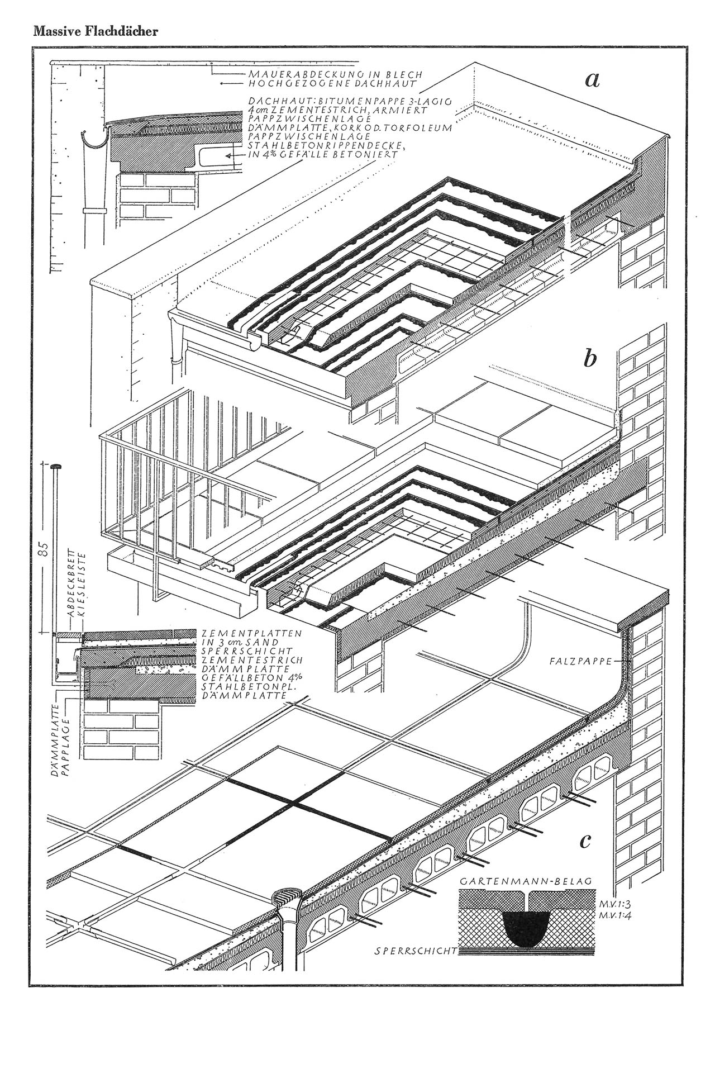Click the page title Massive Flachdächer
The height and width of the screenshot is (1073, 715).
(x=96, y=31)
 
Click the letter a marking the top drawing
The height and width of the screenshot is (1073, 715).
(x=592, y=80)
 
